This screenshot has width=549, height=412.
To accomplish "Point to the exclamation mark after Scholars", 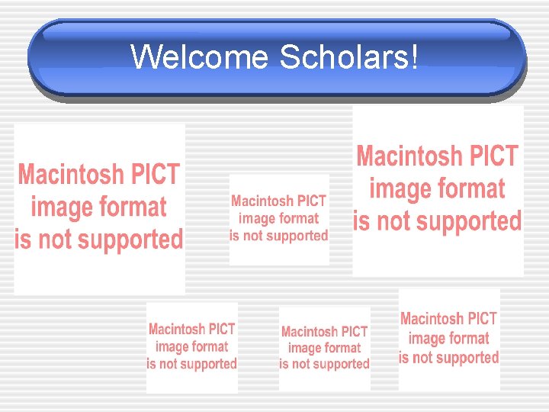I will (x=414, y=57).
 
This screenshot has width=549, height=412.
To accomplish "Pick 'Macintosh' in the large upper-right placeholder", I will (x=409, y=156).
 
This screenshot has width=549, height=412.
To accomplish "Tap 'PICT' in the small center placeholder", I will (x=310, y=201).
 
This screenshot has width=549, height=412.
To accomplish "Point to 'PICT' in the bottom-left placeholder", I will (x=222, y=330).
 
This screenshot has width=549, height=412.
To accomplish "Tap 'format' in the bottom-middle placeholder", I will (x=343, y=348).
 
